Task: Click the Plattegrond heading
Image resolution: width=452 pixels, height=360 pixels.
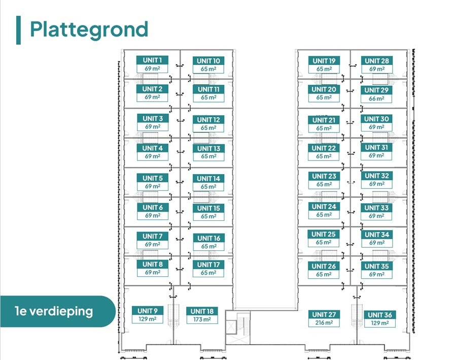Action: tap(89, 30)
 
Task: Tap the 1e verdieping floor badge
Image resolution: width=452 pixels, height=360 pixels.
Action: tap(58, 311)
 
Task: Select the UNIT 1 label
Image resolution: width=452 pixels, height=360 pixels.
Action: tap(152, 60)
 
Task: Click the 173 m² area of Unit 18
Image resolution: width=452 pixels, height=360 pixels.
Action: tap(202, 319)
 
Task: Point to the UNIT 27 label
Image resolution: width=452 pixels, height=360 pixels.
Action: tap(324, 314)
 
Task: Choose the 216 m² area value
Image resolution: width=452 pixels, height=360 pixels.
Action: tap(324, 322)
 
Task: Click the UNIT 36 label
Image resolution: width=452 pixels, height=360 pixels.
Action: tap(379, 315)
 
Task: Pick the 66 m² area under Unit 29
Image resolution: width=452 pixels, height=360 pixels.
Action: tap(376, 99)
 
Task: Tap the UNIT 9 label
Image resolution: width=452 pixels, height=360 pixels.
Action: tap(148, 311)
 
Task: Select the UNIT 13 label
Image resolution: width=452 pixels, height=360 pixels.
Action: tap(208, 148)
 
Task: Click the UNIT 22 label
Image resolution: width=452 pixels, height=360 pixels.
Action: tap(324, 148)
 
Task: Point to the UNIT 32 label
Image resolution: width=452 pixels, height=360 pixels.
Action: tap(377, 176)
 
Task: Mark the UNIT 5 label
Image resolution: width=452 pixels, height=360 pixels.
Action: tap(153, 178)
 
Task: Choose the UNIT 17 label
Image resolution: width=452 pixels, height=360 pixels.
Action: tap(208, 265)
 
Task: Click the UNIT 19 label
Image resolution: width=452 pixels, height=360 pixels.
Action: tap(324, 60)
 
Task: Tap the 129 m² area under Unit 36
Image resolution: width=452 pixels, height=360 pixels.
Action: tap(379, 323)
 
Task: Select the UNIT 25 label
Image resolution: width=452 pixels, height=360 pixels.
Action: tap(324, 234)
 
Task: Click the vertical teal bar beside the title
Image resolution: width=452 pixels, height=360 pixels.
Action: tap(18, 30)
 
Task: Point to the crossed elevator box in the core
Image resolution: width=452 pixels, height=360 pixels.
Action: tap(231, 328)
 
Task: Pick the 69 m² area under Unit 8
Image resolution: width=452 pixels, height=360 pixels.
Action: tap(153, 272)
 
